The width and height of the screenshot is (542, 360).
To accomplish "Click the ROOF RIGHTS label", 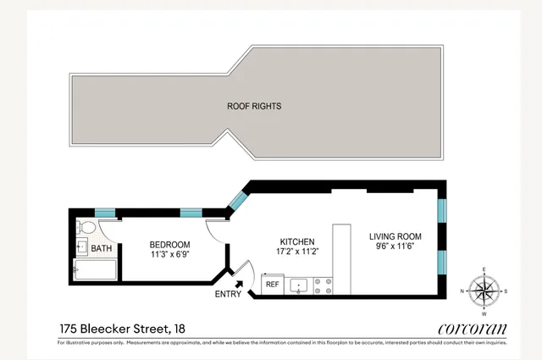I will [253, 107].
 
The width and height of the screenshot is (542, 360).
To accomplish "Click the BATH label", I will [102, 249].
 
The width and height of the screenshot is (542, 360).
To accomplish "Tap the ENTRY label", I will [228, 295].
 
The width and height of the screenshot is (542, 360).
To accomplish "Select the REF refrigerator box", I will [273, 285].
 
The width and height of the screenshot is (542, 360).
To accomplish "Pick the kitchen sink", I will [298, 285].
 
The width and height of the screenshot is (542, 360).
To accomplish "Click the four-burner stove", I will [323, 285].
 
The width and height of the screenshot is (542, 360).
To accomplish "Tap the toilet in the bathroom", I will [85, 228].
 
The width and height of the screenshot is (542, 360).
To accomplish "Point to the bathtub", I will [94, 271].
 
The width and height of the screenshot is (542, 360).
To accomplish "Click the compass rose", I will [484, 292].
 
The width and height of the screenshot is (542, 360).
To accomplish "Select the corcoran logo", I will [472, 328].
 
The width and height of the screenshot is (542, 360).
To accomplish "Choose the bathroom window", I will [104, 212].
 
